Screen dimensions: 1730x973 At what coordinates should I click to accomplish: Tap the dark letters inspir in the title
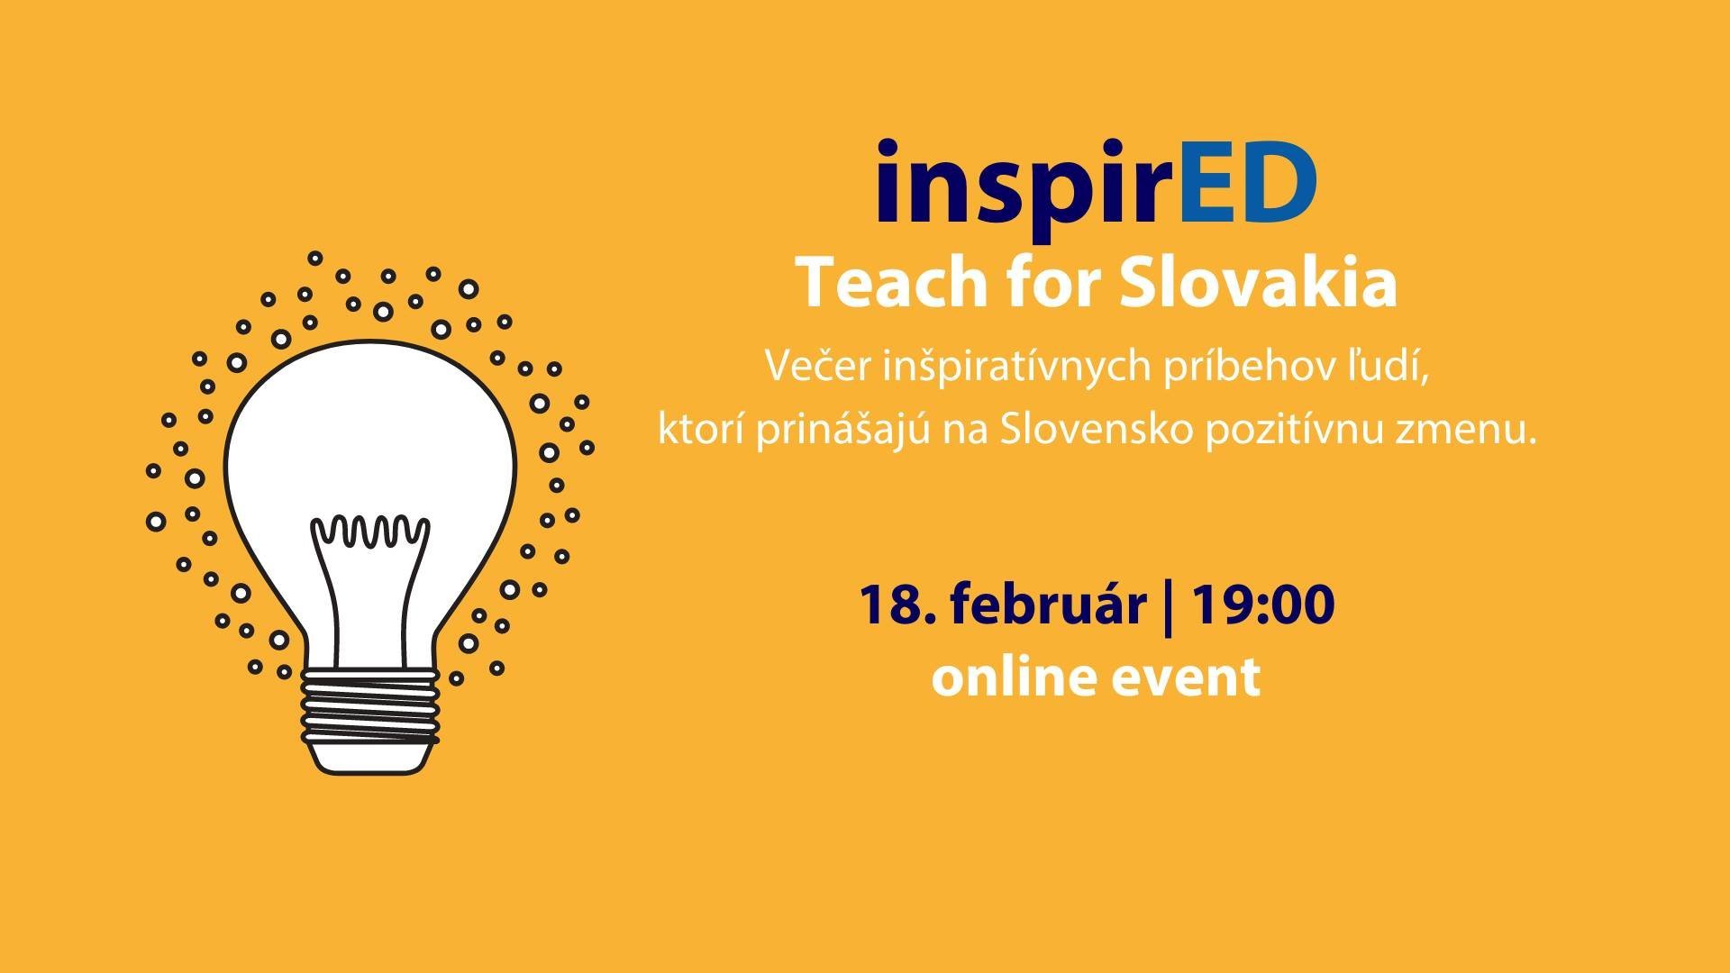pyautogui.click(x=1016, y=190)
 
